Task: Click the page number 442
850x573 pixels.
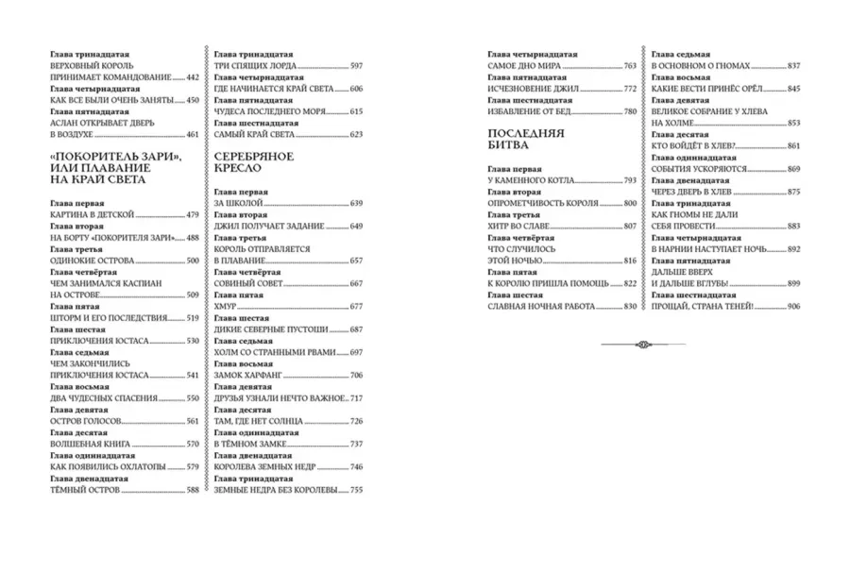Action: [193, 76]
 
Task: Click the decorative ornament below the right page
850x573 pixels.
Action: [642, 345]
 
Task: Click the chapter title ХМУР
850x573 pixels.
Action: [227, 307]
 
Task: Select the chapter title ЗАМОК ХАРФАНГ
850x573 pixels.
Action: [249, 375]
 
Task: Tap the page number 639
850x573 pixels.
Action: [356, 203]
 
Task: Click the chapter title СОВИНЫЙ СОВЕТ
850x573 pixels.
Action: [249, 283]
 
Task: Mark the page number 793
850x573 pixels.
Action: [630, 179]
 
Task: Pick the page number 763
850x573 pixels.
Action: [630, 66]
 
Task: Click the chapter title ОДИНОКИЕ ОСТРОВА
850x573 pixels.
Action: [92, 261]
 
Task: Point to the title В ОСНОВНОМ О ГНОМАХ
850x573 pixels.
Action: [701, 66]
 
